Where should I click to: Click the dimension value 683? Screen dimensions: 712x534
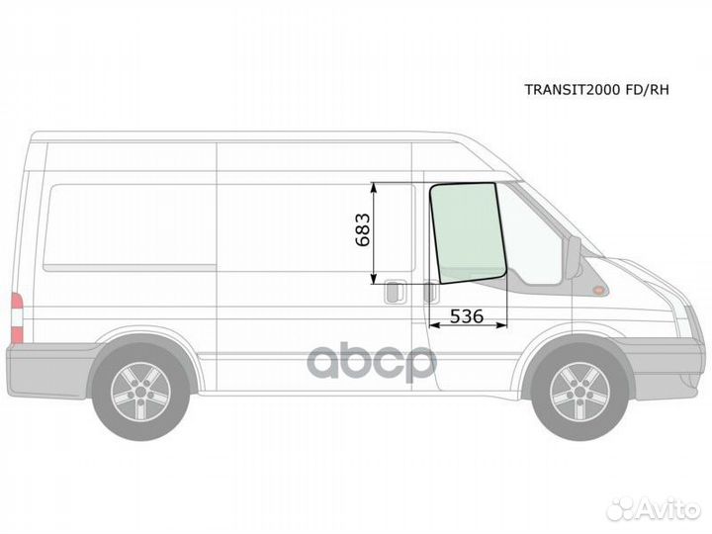pyautogui.click(x=362, y=229)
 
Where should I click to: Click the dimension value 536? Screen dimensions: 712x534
pyautogui.click(x=467, y=316)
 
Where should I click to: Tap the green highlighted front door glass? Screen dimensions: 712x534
pyautogui.click(x=468, y=233)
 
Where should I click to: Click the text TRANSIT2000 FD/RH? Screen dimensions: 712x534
pyautogui.click(x=596, y=89)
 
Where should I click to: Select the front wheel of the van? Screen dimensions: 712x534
pyautogui.click(x=579, y=392)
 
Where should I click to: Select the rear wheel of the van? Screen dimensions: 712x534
pyautogui.click(x=140, y=392)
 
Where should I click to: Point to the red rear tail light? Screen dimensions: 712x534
pyautogui.click(x=17, y=317)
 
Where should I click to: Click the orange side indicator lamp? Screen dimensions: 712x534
pyautogui.click(x=599, y=290)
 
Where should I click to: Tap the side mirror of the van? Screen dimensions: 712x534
pyautogui.click(x=573, y=257)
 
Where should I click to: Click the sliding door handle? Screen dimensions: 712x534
pyautogui.click(x=395, y=292)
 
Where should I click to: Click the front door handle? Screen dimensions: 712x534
pyautogui.click(x=431, y=292)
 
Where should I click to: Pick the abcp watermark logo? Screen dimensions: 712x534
pyautogui.click(x=372, y=362)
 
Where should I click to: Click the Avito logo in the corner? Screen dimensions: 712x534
pyautogui.click(x=654, y=509)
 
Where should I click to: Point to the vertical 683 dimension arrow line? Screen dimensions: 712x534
pyautogui.click(x=374, y=233)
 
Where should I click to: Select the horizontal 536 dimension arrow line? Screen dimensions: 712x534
pyautogui.click(x=468, y=325)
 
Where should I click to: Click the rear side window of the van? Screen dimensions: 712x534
pyautogui.click(x=130, y=227)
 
